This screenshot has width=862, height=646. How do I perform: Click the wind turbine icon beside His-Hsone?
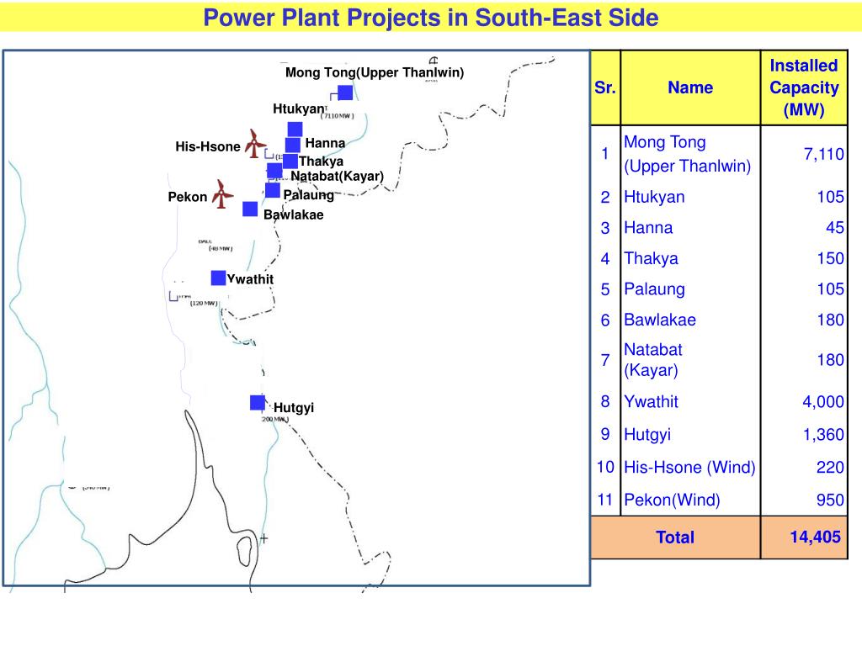[x=255, y=143]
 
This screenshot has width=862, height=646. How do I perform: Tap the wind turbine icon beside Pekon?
[x=222, y=194]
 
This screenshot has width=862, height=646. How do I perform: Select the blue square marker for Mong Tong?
[x=345, y=93]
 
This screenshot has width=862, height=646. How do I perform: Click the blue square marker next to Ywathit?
[x=218, y=278]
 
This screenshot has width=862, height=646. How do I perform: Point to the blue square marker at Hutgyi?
[x=258, y=402]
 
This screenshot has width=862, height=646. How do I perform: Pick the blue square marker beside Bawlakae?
[x=250, y=209]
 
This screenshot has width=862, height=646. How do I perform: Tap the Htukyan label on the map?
[x=298, y=109]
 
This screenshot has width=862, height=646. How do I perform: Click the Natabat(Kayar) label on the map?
[x=337, y=176]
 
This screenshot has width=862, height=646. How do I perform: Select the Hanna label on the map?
[x=325, y=143]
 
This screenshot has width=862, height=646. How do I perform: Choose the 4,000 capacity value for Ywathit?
[x=822, y=402]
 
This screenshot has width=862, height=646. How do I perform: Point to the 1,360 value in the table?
[x=822, y=435]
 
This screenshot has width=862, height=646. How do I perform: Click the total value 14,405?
[x=815, y=537]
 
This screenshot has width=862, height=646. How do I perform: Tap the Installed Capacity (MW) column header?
[x=804, y=87]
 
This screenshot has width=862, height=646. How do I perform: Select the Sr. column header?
[x=605, y=87]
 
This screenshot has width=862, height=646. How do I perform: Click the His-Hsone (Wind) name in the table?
[x=689, y=468]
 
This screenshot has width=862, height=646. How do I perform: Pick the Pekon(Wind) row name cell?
[x=672, y=500]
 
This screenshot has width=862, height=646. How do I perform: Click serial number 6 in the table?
[x=605, y=320]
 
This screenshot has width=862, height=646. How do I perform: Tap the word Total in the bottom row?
[x=675, y=537]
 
